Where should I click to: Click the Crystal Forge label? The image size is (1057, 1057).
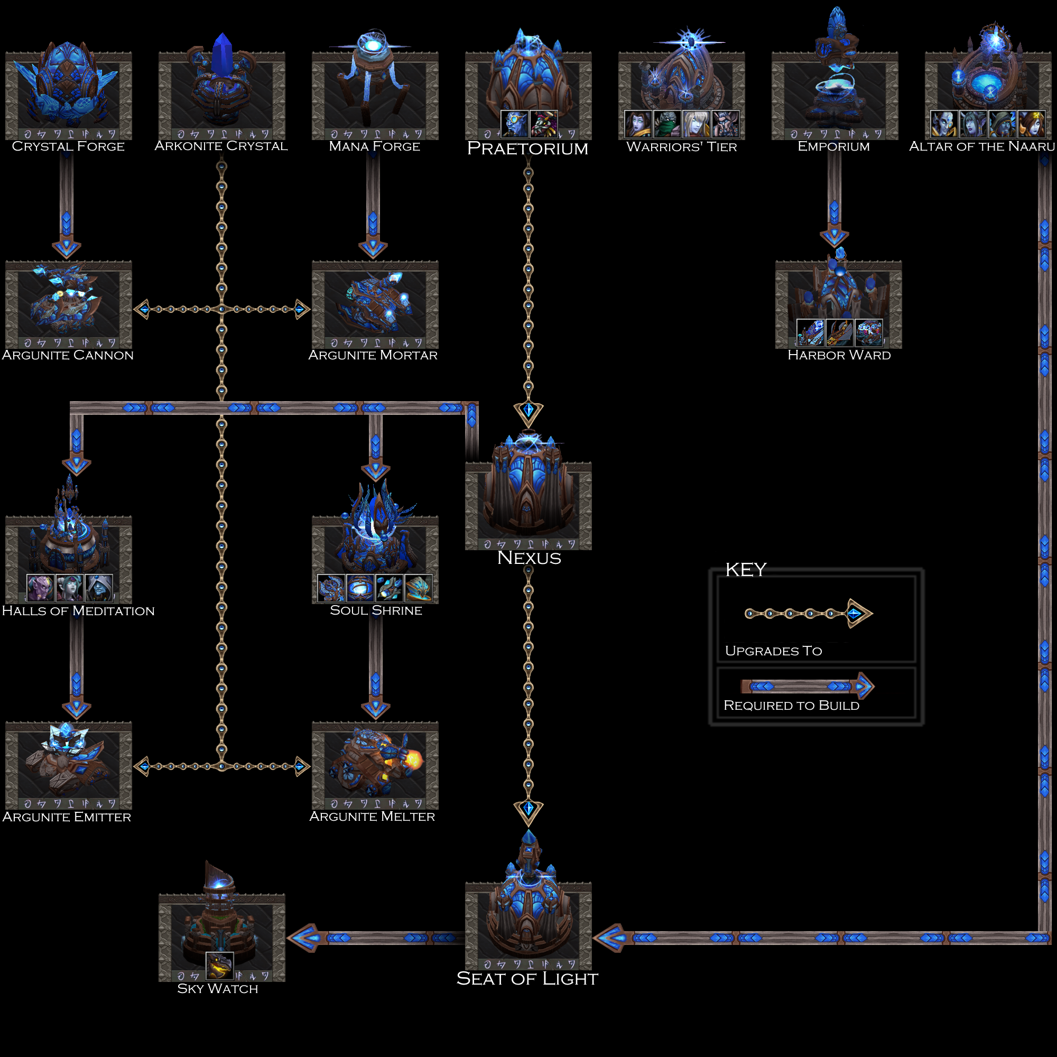click(x=68, y=146)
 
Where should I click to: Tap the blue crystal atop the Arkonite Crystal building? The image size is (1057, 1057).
click(x=222, y=52)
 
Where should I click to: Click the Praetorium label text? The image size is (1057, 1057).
click(x=527, y=149)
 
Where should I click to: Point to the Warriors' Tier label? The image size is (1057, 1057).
click(x=682, y=146)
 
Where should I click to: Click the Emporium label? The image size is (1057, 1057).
click(x=834, y=146)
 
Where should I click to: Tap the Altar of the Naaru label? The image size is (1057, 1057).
click(x=982, y=146)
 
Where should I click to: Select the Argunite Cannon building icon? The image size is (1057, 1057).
click(x=68, y=304)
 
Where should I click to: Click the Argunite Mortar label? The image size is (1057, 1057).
click(x=373, y=356)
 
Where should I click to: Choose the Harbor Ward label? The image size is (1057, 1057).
click(x=839, y=356)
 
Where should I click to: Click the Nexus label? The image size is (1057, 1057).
click(x=529, y=558)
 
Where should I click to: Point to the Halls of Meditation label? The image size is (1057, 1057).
click(x=78, y=611)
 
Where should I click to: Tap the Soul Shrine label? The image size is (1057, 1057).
click(x=376, y=610)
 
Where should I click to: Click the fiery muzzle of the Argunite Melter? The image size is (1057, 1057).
click(x=413, y=759)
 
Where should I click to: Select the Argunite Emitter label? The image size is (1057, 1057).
click(x=67, y=818)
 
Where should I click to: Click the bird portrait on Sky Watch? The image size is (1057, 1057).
click(x=219, y=966)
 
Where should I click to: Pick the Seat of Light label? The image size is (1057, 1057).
click(x=527, y=979)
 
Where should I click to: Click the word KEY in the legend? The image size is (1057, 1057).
click(x=746, y=570)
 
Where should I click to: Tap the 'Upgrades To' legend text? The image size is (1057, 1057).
click(x=773, y=651)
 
